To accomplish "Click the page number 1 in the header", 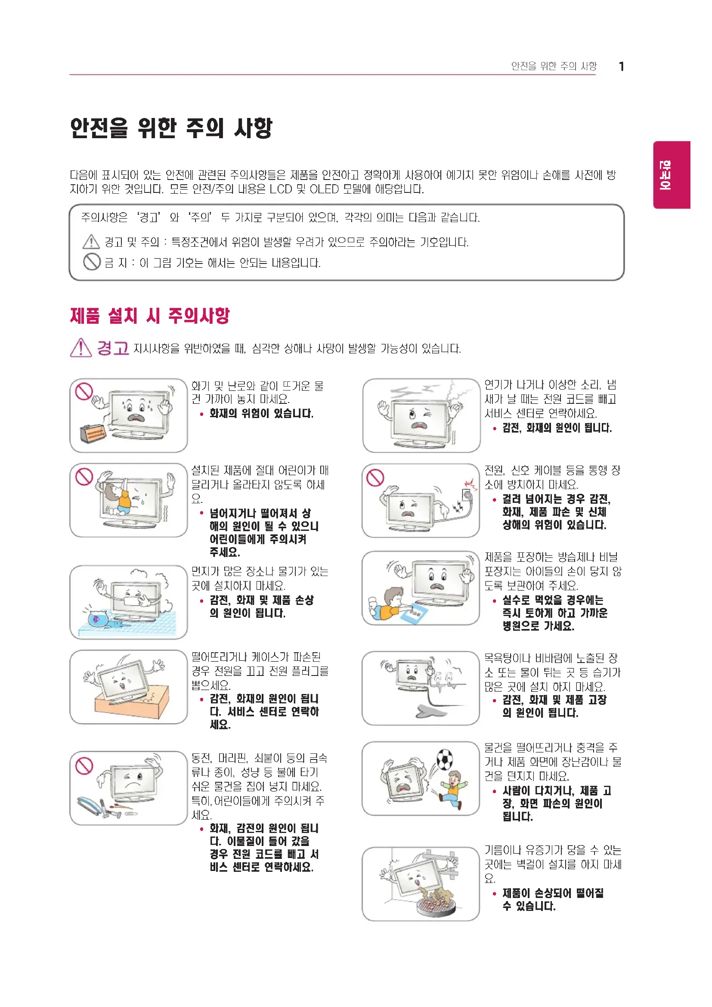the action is point(621,67).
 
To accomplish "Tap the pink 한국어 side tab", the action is point(671,174).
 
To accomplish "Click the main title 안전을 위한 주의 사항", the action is point(171,127).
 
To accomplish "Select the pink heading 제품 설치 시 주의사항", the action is point(149,315).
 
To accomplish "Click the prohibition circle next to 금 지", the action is point(92,262).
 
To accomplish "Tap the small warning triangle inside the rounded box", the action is point(91,241).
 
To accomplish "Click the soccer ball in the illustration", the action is point(444,759).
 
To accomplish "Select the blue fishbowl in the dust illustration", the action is point(97,618).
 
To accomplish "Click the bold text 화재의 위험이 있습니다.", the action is point(261,413).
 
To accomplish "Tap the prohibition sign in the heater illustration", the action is point(84,392).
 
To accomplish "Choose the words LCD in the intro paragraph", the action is point(281,189).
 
